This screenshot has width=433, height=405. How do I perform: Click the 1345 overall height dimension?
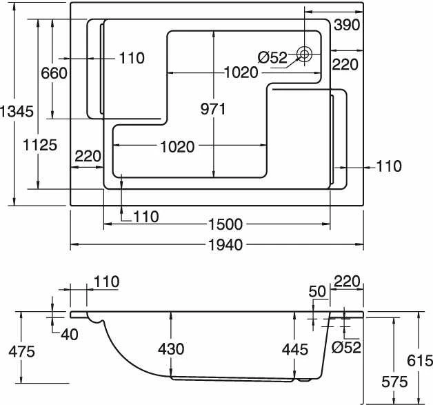point(17,112)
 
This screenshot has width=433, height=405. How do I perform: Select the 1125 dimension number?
point(40,145)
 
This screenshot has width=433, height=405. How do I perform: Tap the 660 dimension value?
point(54,73)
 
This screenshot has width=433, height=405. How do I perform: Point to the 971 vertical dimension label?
point(213,109)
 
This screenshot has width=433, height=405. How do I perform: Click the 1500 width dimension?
point(225,224)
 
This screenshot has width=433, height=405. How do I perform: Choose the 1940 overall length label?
point(225,245)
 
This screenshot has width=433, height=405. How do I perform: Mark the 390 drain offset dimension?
point(347,25)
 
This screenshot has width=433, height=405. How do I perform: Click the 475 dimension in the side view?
point(22,352)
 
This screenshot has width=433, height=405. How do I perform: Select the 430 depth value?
point(171,349)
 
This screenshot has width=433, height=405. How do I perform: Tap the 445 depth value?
point(295,350)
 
